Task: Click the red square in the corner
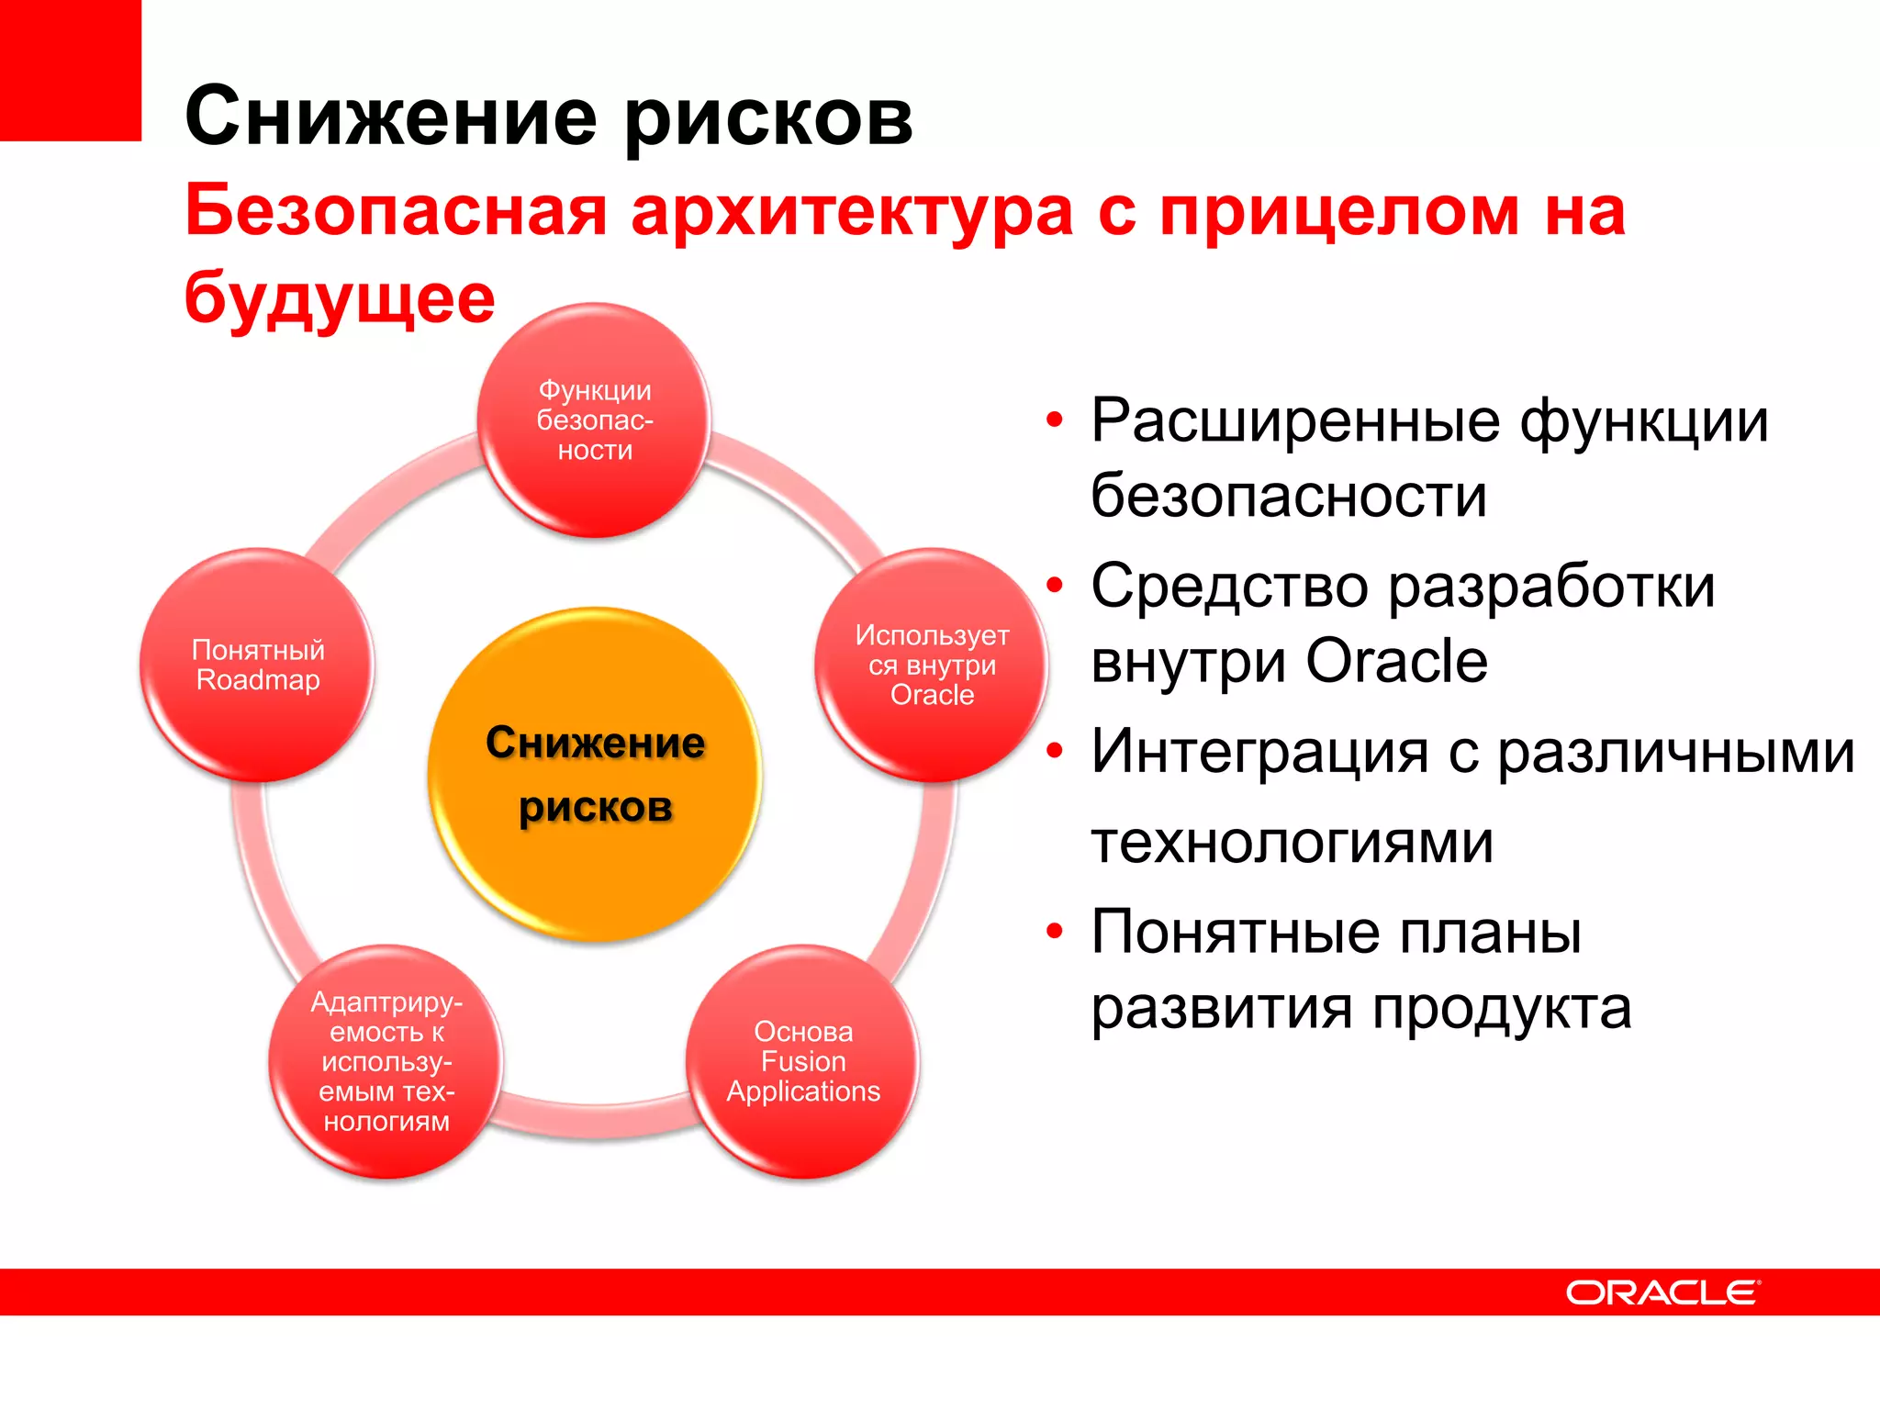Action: point(70,70)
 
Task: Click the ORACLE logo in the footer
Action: point(1662,1292)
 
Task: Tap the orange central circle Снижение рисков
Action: point(595,775)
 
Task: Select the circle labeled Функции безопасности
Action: point(595,420)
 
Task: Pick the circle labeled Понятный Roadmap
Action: point(257,666)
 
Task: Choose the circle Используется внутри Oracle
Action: point(932,666)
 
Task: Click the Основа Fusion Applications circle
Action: point(803,1062)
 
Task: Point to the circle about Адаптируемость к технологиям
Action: point(386,1062)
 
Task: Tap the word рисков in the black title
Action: point(769,117)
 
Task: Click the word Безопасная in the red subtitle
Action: point(396,211)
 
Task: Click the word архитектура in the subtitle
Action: point(852,211)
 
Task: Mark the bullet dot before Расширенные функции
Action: point(1055,420)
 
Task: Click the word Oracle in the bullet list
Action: point(1396,661)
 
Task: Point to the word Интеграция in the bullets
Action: point(1259,751)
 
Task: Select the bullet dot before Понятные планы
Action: point(1055,932)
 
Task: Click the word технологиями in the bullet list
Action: point(1292,841)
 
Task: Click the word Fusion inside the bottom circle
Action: point(803,1061)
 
